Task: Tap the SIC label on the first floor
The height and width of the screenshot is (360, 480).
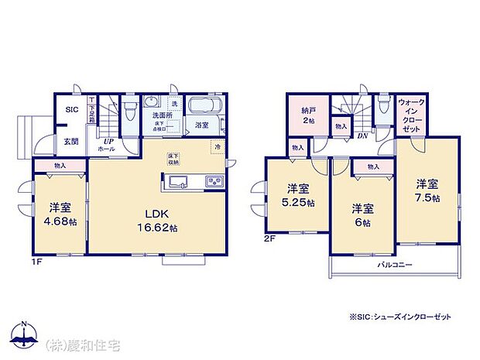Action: [x=71, y=110]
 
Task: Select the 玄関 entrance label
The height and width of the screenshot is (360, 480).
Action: [x=70, y=141]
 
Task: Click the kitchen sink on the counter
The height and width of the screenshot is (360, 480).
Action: [x=174, y=183]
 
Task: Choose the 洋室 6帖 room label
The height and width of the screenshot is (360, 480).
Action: [x=362, y=214]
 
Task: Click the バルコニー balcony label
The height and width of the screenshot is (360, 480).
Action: [x=395, y=266]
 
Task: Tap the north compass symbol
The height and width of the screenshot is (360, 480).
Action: [x=26, y=332]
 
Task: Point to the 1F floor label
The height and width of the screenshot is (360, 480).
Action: [x=36, y=262]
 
